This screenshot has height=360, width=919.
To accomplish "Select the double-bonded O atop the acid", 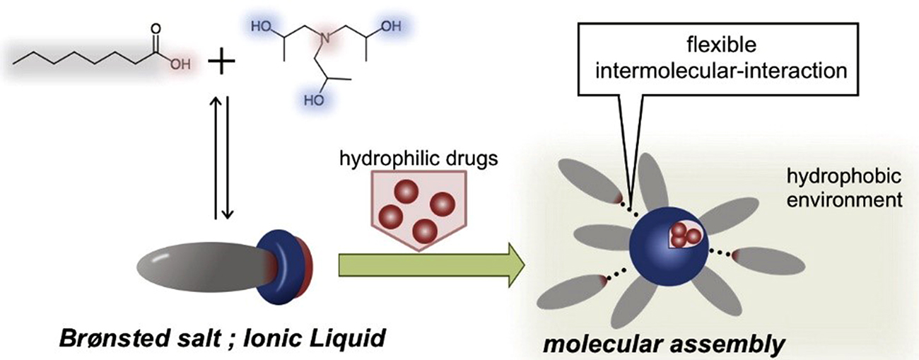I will (x=156, y=30).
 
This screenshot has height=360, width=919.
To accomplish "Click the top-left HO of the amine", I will (x=260, y=26).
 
